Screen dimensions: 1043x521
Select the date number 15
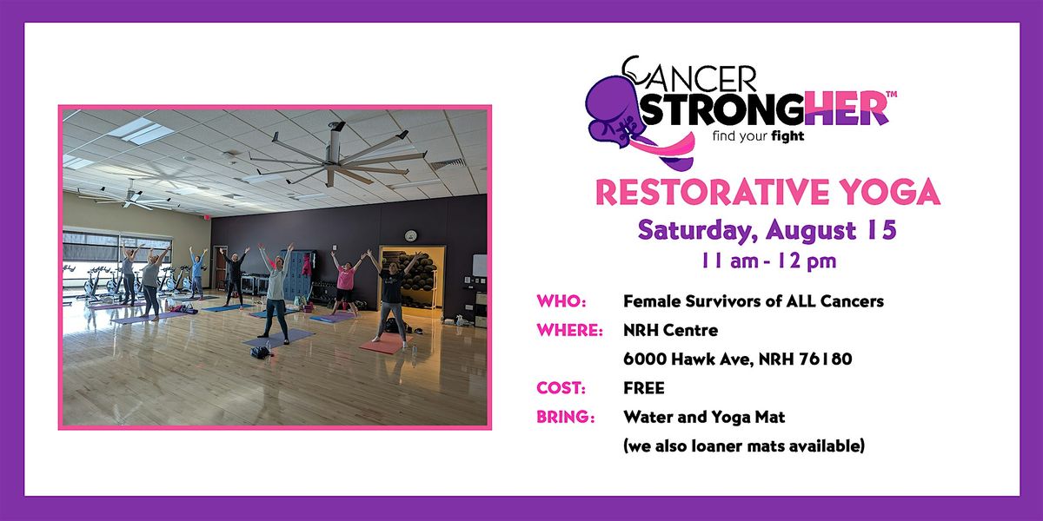tap(881, 229)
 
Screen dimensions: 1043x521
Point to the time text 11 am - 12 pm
tap(768, 261)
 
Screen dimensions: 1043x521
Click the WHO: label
tap(561, 301)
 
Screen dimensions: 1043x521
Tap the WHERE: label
tap(569, 330)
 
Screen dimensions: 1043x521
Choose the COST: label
tap(561, 388)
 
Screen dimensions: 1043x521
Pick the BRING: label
tap(565, 417)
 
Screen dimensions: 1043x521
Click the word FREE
tap(644, 388)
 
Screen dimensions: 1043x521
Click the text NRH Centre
tap(670, 330)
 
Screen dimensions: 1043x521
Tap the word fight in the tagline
tap(787, 136)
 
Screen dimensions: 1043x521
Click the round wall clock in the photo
tap(410, 236)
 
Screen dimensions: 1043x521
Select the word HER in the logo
tap(847, 109)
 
